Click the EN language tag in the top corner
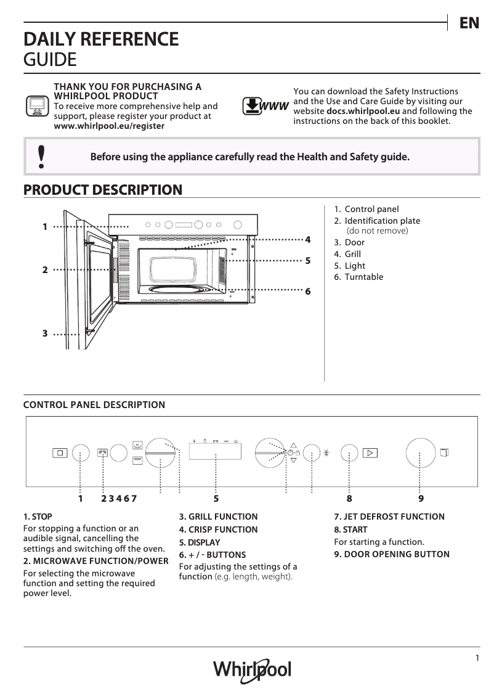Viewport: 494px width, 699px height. point(469,23)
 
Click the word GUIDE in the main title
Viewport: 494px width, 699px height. point(50,60)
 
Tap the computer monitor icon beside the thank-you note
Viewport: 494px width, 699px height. point(36,106)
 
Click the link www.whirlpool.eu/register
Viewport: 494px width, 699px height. point(110,125)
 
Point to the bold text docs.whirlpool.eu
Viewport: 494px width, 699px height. point(363,111)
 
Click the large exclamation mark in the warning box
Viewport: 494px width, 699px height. point(41,157)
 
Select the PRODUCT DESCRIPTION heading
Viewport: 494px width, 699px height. point(102,189)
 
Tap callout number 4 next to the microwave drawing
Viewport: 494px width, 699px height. point(307,239)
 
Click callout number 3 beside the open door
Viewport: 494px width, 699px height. point(45,333)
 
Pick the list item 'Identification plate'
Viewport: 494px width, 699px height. point(382,221)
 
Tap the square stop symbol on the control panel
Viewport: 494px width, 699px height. point(60,453)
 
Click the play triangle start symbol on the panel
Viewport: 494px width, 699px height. point(370,453)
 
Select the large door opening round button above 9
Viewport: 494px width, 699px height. point(420,453)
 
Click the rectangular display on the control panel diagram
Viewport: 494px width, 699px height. point(216,453)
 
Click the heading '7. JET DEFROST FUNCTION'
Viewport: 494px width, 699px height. point(389,517)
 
